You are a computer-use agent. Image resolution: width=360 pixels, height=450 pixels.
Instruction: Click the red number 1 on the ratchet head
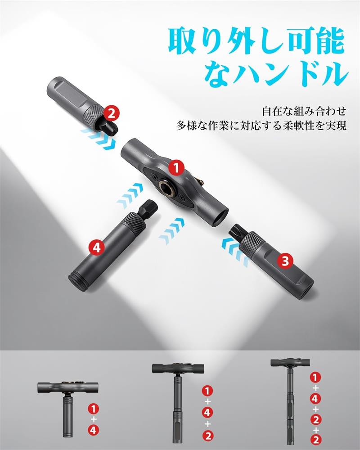pyautogui.click(x=176, y=167)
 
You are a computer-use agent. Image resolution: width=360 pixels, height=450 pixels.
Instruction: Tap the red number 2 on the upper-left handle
pyautogui.click(x=112, y=113)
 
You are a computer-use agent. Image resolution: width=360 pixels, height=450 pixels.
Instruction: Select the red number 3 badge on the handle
pyautogui.click(x=285, y=261)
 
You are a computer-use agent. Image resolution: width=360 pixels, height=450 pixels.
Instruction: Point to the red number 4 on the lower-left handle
pyautogui.click(x=97, y=247)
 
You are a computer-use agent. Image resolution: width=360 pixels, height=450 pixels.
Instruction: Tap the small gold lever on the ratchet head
pyautogui.click(x=199, y=181)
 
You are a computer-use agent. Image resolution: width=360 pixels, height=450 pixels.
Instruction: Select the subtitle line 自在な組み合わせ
pyautogui.click(x=304, y=111)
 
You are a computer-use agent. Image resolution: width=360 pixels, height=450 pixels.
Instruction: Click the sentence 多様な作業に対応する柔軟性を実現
pyautogui.click(x=261, y=126)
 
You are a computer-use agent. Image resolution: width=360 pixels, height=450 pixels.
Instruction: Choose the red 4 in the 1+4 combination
pyautogui.click(x=94, y=430)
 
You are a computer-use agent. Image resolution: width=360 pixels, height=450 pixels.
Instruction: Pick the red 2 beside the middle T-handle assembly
pyautogui.click(x=207, y=436)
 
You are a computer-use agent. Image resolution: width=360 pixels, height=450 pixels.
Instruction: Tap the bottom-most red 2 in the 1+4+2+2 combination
pyautogui.click(x=315, y=439)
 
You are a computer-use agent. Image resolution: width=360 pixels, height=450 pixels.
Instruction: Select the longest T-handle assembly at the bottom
pyautogui.click(x=290, y=401)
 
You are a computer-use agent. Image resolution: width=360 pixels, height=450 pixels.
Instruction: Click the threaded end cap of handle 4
pyautogui.click(x=77, y=283)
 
